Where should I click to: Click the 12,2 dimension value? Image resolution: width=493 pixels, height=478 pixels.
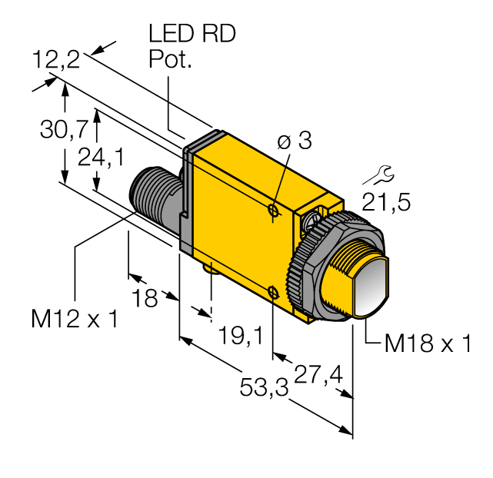pos(57,59)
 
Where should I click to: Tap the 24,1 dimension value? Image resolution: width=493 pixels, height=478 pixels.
pos(101,157)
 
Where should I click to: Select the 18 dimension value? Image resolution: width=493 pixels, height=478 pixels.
pos(145,298)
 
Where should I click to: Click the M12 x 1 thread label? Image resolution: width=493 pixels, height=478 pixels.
pos(75,319)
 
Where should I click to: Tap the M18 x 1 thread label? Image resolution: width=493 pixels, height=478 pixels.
pos(427,344)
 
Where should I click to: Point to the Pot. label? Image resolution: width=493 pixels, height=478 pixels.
pos(169,61)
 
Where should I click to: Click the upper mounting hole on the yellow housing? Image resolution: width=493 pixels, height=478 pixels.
pos(274,210)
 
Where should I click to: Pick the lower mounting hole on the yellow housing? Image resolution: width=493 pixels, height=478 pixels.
pos(274,291)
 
